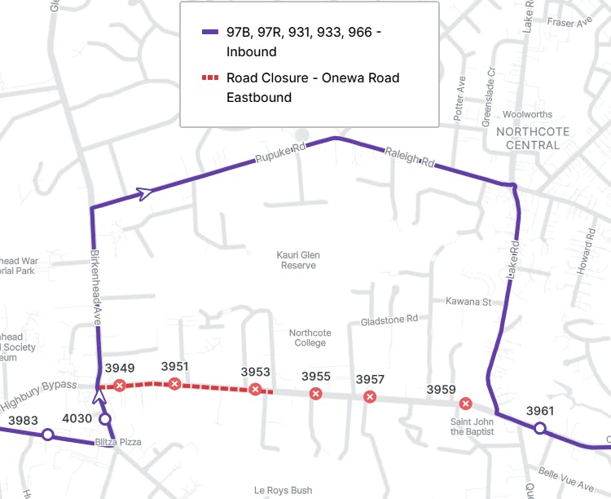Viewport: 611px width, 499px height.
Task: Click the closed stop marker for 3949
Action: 120,386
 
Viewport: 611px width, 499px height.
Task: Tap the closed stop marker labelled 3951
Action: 174,384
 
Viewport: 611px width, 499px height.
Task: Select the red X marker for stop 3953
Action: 255,390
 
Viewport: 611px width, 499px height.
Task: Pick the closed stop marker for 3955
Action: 315,395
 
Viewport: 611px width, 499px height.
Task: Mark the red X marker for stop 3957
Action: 370,397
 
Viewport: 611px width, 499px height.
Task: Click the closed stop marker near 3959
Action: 465,403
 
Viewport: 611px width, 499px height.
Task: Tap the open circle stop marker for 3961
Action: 539,428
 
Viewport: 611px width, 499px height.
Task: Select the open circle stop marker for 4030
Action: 105,419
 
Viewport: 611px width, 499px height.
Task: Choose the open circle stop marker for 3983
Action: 47,435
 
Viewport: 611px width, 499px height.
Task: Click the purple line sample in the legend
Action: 210,33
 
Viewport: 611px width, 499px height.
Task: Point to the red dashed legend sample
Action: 210,78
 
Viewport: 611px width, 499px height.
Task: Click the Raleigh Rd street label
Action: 409,157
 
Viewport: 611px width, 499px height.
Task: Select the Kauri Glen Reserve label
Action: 298,260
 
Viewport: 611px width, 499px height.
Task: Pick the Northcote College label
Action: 310,338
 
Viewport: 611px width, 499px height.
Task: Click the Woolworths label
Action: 527,115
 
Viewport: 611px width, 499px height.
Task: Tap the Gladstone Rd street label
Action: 389,320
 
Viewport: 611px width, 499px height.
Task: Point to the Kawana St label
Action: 468,302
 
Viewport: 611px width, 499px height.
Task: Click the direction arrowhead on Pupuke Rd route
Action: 144,193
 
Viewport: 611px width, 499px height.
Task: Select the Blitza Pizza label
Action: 118,442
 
